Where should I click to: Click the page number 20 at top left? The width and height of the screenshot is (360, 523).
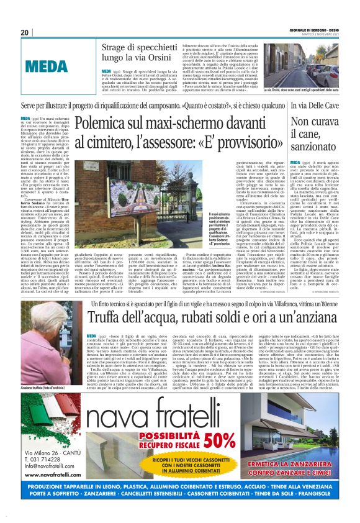[x=25, y=33]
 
